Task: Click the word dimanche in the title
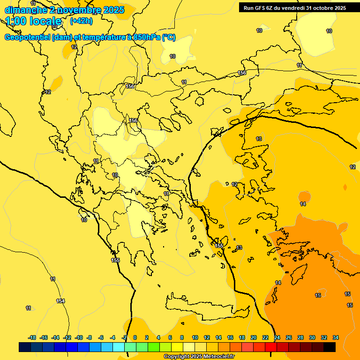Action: (x=25, y=10)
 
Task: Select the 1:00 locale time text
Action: (x=34, y=21)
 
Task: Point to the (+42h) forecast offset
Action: (x=81, y=21)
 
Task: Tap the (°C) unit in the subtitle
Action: (x=168, y=37)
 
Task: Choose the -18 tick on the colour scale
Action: (x=32, y=337)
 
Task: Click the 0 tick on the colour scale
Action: (x=135, y=337)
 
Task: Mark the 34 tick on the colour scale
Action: (x=336, y=337)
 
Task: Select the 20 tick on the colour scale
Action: (x=254, y=337)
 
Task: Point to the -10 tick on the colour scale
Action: (x=79, y=337)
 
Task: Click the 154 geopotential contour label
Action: (x=60, y=301)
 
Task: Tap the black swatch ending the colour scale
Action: (x=330, y=347)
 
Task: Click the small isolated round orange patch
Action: (x=304, y=196)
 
